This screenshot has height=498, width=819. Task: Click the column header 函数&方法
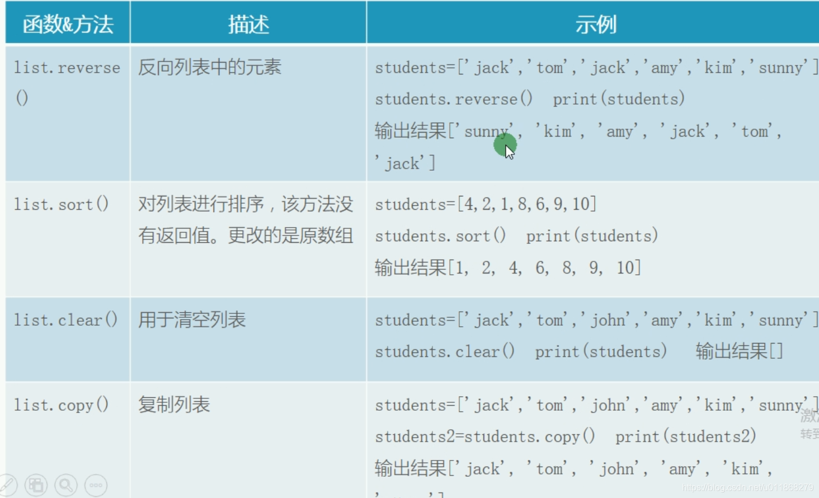point(68,25)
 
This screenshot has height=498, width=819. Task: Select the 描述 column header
point(248,25)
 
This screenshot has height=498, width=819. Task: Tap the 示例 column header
point(595,25)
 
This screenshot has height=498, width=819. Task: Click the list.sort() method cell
point(62,204)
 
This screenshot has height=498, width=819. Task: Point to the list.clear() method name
point(65,320)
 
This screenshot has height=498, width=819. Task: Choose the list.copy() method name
point(62,405)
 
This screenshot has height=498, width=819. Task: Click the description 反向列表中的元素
point(210,68)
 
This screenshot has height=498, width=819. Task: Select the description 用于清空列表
point(192,320)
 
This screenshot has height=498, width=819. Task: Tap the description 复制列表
point(174,405)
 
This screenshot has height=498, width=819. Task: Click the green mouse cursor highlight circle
point(505,145)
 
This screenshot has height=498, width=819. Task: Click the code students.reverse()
point(454,99)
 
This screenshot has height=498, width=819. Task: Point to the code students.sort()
point(440,236)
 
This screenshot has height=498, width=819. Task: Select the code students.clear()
point(445,352)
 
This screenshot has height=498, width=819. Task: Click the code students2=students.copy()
point(485,436)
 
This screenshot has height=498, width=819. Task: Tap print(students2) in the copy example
point(685,436)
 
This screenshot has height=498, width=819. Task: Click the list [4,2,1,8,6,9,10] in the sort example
point(527,204)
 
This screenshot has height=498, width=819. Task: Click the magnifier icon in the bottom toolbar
point(65,485)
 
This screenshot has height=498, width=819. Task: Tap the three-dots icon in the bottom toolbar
point(96,485)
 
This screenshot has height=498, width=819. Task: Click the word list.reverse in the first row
point(67,68)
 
